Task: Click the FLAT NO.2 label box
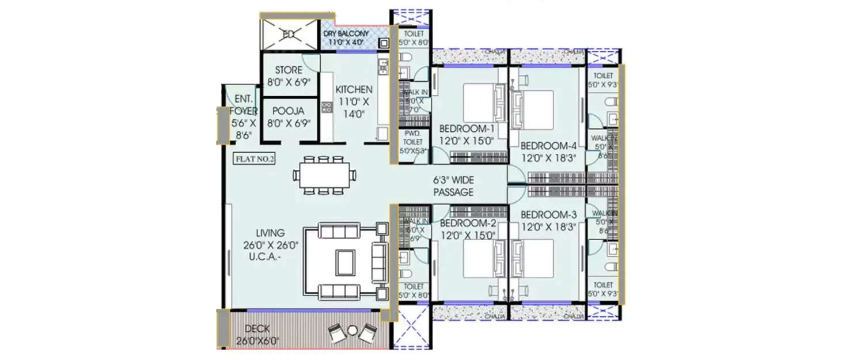click(x=254, y=159)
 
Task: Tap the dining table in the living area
click(x=324, y=175)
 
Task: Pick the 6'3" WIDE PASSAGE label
click(x=454, y=187)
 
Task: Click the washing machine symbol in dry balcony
click(x=383, y=44)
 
